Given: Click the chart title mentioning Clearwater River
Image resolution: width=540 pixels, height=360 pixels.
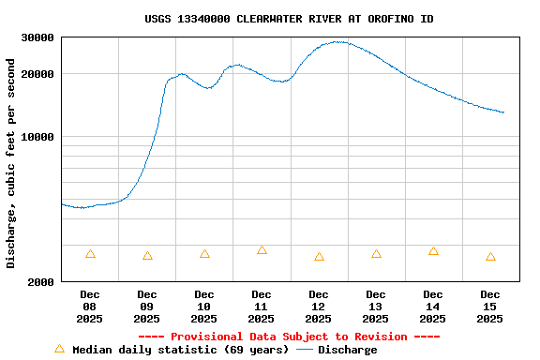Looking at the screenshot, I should [x=289, y=19].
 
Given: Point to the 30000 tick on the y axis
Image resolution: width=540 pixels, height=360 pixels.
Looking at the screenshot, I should [x=37, y=37].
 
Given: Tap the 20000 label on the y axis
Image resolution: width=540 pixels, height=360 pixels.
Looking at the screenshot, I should [x=37, y=74].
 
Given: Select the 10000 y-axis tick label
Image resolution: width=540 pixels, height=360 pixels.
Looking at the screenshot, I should [x=37, y=137].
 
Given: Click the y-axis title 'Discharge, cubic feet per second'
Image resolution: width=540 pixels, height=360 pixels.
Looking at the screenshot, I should [x=11, y=163].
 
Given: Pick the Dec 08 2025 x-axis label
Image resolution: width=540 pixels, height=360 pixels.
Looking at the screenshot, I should [x=89, y=307].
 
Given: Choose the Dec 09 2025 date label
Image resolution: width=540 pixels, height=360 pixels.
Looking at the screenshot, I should [x=147, y=307].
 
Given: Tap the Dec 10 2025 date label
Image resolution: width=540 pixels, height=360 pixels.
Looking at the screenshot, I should [x=204, y=307].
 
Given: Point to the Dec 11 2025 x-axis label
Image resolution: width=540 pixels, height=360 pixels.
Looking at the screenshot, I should [x=262, y=307].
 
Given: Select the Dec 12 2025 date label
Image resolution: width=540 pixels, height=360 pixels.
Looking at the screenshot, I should [x=319, y=307].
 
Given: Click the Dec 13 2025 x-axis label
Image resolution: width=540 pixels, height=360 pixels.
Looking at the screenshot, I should [x=376, y=307].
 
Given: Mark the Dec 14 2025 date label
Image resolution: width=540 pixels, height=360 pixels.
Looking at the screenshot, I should [x=433, y=307].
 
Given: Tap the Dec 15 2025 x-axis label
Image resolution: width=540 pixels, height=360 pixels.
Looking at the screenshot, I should [x=490, y=307].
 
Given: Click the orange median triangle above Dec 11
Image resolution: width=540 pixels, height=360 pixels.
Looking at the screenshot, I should [x=262, y=250].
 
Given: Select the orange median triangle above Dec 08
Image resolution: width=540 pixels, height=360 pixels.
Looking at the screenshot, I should [x=90, y=254].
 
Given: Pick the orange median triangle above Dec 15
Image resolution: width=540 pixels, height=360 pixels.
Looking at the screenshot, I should [x=490, y=257].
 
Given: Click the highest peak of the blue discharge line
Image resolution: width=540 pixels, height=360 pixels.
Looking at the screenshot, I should [x=337, y=41].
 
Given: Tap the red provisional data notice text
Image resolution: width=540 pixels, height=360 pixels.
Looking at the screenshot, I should [x=289, y=337].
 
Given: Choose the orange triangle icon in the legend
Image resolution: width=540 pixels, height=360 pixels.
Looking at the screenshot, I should [x=60, y=349].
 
